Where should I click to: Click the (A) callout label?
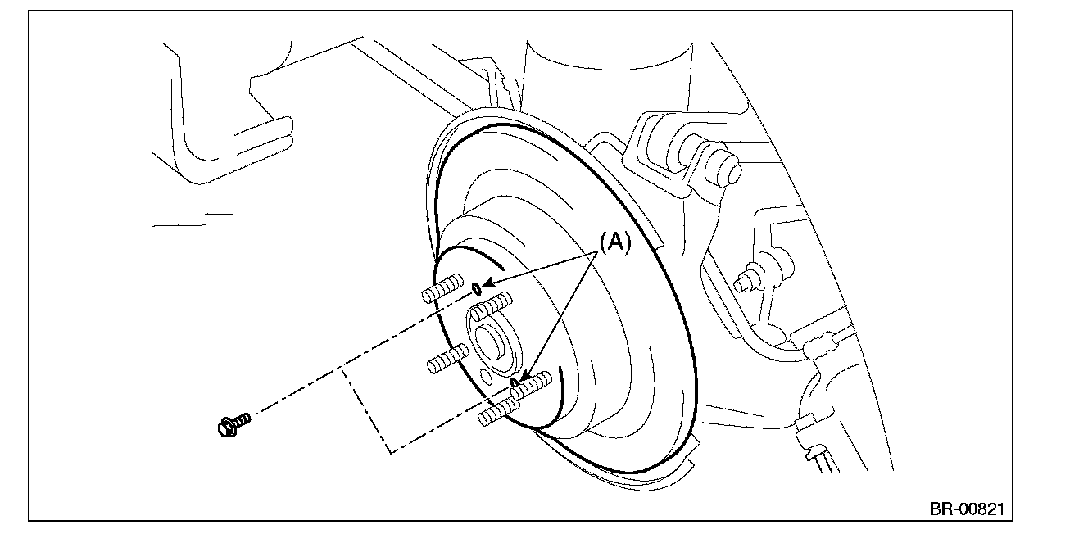(615, 242)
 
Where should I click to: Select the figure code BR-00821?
(967, 509)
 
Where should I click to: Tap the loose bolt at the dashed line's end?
(234, 425)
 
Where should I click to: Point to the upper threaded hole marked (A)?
(477, 289)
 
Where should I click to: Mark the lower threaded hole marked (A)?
(514, 383)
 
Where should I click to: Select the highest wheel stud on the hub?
(442, 288)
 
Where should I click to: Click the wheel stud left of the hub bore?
(448, 358)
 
